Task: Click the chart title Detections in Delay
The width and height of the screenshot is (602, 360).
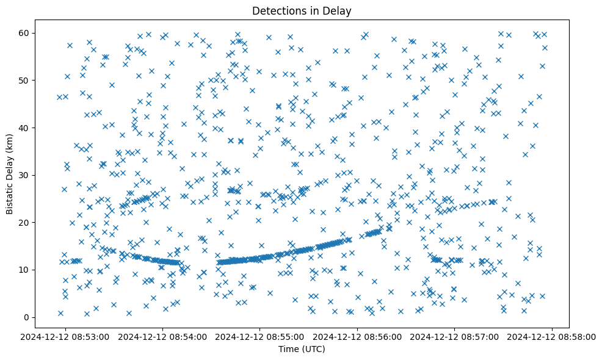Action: pyautogui.click(x=302, y=11)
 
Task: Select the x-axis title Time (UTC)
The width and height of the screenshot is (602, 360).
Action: pyautogui.click(x=302, y=349)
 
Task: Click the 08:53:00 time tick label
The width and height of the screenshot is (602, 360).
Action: pyautogui.click(x=66, y=337)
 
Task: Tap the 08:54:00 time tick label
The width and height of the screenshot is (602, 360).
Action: pyautogui.click(x=163, y=337)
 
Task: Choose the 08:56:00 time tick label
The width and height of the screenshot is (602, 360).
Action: pyautogui.click(x=358, y=337)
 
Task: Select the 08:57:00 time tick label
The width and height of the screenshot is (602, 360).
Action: pyautogui.click(x=455, y=337)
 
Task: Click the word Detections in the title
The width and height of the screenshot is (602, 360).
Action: pyautogui.click(x=278, y=11)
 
